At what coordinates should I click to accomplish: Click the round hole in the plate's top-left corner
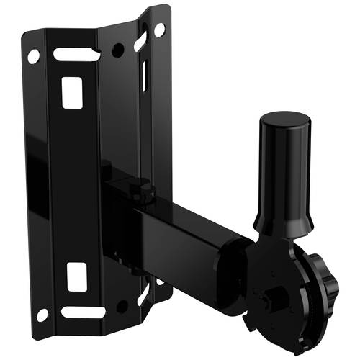[33, 55]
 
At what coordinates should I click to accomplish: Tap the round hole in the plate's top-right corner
[159, 30]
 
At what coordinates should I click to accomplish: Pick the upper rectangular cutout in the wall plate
[71, 93]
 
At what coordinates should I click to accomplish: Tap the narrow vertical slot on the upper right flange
[144, 75]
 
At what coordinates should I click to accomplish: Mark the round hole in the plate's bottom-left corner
[42, 315]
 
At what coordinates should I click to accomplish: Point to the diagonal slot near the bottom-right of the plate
[143, 294]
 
